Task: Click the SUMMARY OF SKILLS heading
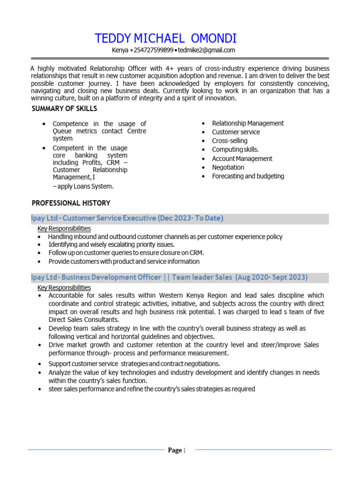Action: (64, 109)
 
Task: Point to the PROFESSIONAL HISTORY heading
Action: (71, 203)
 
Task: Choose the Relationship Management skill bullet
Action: (247, 123)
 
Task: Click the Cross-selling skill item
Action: (230, 141)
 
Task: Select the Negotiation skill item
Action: (228, 167)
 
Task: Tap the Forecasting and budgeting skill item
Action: (248, 176)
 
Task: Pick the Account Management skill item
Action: (242, 158)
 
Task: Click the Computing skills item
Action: (235, 150)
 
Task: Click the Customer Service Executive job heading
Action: (127, 218)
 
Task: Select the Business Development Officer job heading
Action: (169, 277)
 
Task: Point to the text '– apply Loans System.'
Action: (83, 187)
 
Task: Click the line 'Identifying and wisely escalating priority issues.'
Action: (112, 245)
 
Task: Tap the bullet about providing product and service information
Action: (124, 262)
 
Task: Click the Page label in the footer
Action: (175, 450)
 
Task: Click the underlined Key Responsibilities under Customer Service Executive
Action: (64, 228)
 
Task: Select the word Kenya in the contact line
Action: (120, 51)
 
